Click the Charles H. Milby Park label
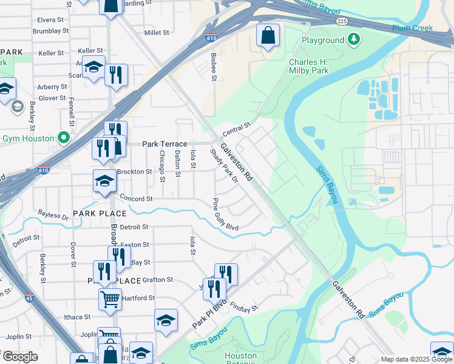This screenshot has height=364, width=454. [x=308, y=66]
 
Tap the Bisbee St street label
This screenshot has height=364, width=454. [x=213, y=66]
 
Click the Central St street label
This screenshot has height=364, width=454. [x=237, y=129]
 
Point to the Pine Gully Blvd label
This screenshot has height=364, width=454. [x=225, y=214]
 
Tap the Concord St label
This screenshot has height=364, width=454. [x=135, y=198]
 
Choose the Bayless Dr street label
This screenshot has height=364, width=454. [x=53, y=214]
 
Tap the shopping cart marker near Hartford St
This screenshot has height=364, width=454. [x=110, y=298]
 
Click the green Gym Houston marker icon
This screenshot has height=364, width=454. [x=61, y=137]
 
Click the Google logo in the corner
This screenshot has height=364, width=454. [x=20, y=356]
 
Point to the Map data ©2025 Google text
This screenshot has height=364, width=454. [x=416, y=359]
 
